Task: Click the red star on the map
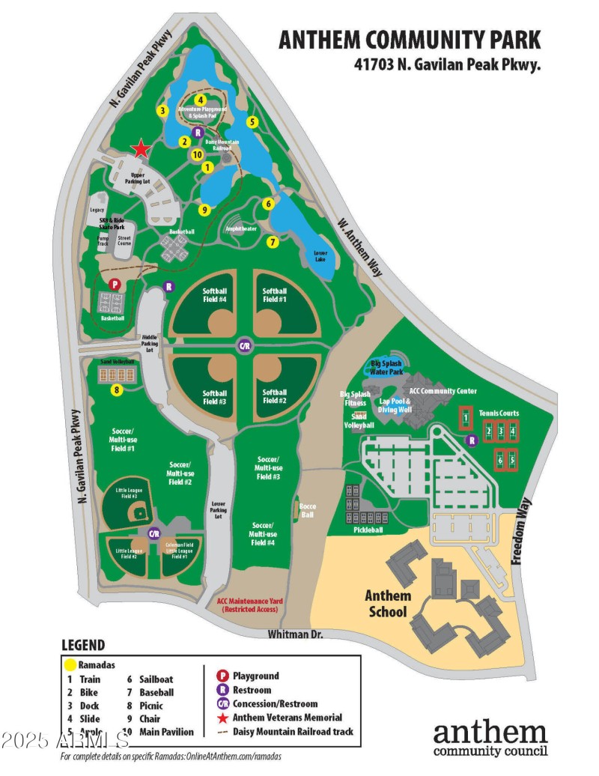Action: pyautogui.click(x=140, y=148)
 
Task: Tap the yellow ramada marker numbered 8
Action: pyautogui.click(x=117, y=389)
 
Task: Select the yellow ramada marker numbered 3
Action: pyautogui.click(x=161, y=111)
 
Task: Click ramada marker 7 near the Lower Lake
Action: pyautogui.click(x=273, y=242)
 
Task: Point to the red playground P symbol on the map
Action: pyautogui.click(x=115, y=285)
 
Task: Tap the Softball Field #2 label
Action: pyautogui.click(x=275, y=396)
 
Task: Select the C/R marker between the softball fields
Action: pyautogui.click(x=244, y=346)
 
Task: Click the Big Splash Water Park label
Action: pyautogui.click(x=387, y=367)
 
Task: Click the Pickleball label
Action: pyautogui.click(x=368, y=530)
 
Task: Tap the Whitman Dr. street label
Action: pyautogui.click(x=297, y=634)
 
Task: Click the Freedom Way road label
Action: pyautogui.click(x=521, y=530)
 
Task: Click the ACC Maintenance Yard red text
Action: pyautogui.click(x=247, y=605)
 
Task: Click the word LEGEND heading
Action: pyautogui.click(x=83, y=645)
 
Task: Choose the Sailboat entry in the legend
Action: pyautogui.click(x=156, y=679)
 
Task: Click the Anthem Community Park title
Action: pyautogui.click(x=410, y=40)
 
